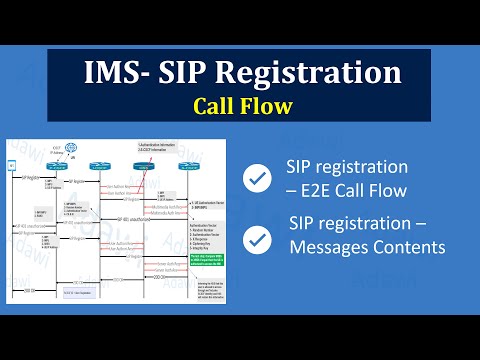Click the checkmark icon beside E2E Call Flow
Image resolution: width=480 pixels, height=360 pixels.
258,178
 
